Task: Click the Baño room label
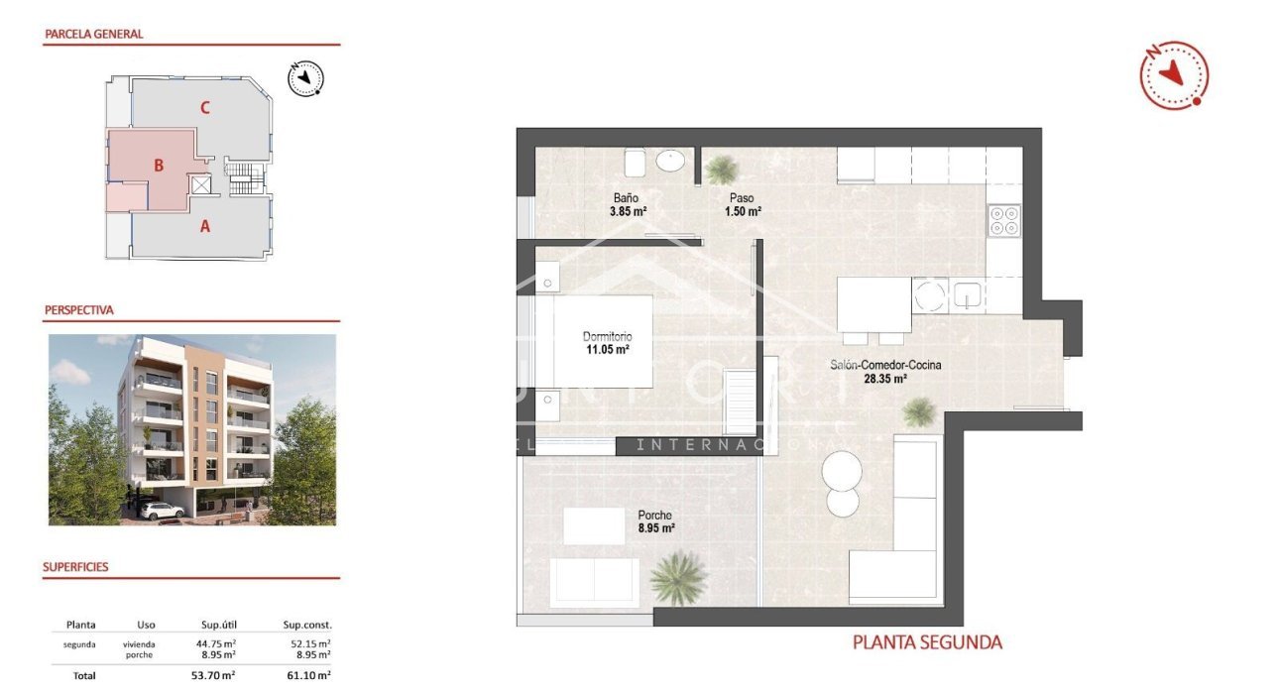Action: point(626,197)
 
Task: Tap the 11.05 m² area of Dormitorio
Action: point(607,349)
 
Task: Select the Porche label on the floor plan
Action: point(655,516)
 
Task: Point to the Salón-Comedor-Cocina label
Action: point(885,365)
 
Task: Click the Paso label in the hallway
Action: point(742,197)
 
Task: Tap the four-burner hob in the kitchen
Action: point(1003,219)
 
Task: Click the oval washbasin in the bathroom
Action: point(674,161)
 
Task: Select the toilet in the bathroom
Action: point(636,162)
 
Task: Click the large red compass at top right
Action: point(1174,74)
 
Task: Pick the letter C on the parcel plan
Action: point(204,108)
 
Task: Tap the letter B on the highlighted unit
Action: point(159,166)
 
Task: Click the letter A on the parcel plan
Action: point(205,226)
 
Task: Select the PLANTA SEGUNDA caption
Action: point(927,642)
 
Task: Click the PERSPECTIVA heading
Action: point(79,310)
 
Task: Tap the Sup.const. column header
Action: point(307,625)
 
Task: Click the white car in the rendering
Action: point(158,511)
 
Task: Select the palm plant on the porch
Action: point(679,575)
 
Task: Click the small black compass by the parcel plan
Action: point(306,77)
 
